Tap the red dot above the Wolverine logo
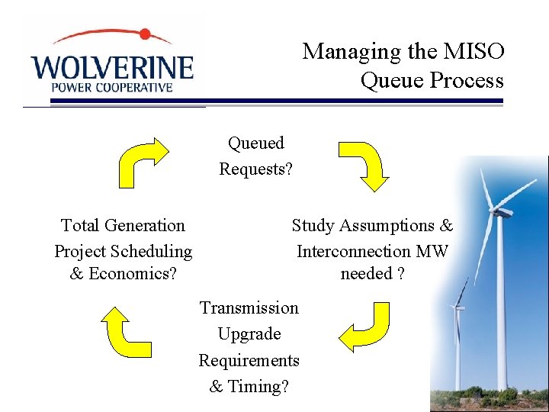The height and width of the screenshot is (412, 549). [145, 34]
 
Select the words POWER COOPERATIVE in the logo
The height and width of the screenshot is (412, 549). [112, 87]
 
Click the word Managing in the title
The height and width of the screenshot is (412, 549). [341, 52]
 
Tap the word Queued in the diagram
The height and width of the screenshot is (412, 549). [256, 143]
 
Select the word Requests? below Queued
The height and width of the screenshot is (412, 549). [256, 169]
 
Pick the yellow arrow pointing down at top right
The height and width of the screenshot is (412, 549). [365, 164]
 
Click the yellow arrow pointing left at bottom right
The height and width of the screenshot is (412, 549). [364, 327]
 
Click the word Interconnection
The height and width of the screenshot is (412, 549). [353, 251]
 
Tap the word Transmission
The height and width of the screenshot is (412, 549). [249, 308]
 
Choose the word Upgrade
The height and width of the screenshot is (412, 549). [249, 334]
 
